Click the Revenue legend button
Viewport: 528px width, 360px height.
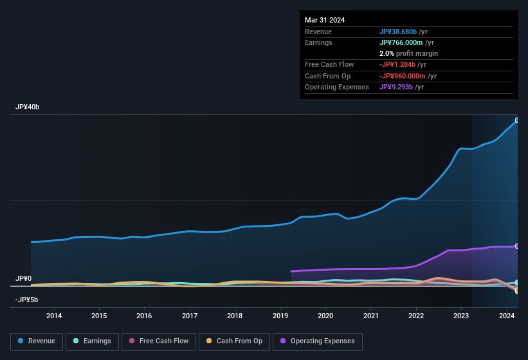37,341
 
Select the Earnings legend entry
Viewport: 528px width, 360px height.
92,341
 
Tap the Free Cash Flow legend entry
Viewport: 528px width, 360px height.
158,341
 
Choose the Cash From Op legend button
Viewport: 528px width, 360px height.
233,341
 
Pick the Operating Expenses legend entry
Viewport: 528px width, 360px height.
318,341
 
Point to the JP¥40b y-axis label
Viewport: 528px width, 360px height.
28,107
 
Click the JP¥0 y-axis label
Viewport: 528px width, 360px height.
24,278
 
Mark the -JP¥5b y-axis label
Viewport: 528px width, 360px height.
26,300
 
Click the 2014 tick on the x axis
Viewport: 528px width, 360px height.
54,316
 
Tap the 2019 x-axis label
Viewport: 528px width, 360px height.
280,316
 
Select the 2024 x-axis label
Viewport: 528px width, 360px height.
506,316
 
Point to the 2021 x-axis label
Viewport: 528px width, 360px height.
370,316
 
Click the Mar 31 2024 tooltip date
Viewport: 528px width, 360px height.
325,20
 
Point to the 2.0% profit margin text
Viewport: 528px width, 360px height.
408,53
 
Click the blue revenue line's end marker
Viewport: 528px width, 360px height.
517,120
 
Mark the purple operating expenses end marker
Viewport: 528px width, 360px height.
517,246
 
